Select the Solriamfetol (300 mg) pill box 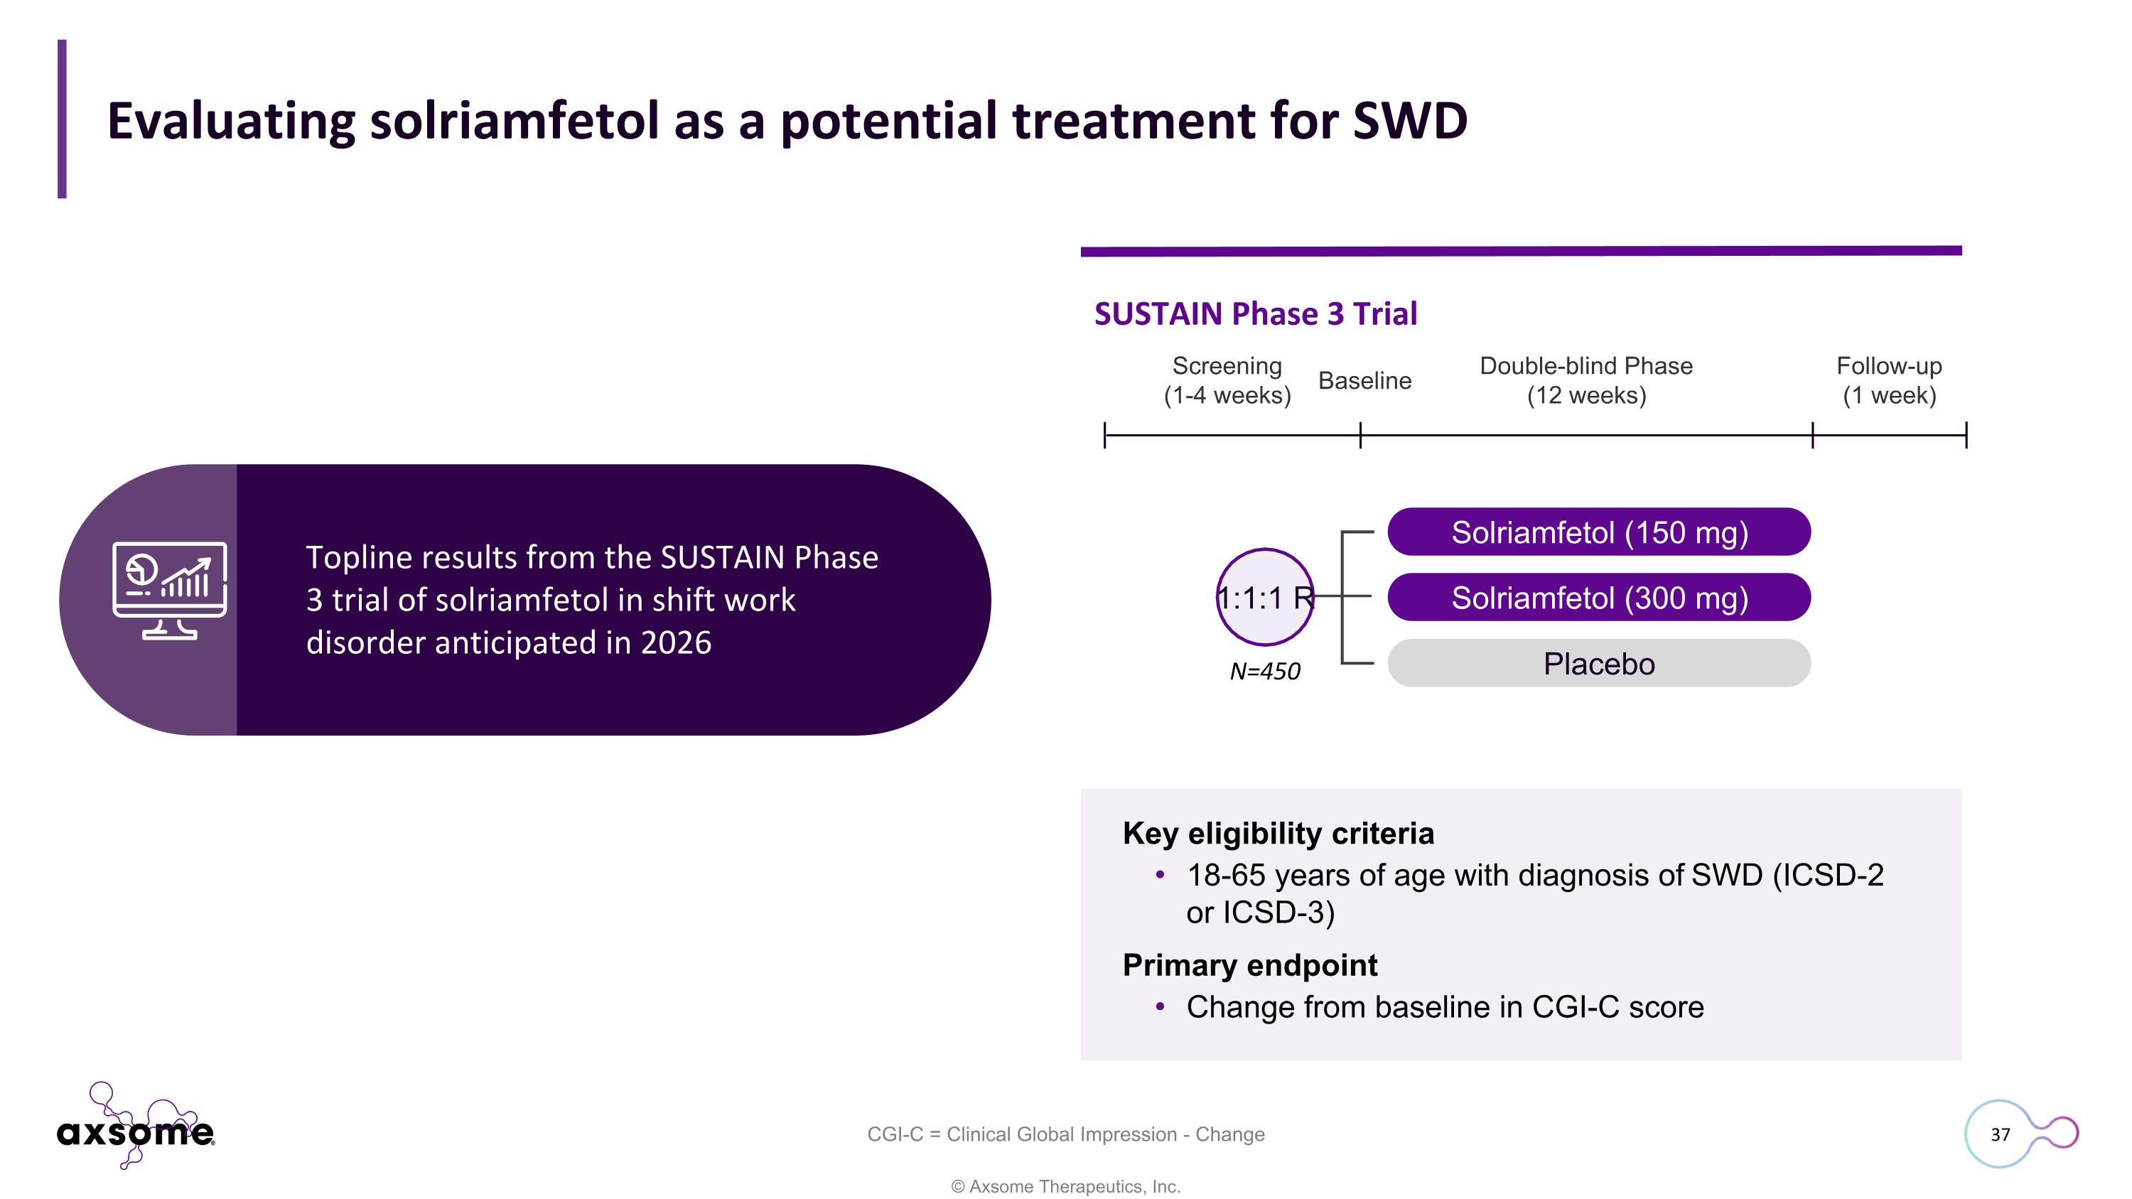(1598, 598)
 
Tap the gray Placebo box (1598, 664)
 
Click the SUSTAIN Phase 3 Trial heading (1255, 314)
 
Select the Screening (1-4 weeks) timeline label (1227, 381)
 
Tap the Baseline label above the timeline (1364, 381)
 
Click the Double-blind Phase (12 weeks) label (1585, 381)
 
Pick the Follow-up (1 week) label (1889, 381)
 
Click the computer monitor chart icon (170, 590)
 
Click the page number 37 (2000, 1134)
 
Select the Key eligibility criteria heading (1278, 833)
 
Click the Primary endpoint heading (1250, 965)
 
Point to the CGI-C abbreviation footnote (1065, 1134)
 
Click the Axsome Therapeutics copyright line (1065, 1187)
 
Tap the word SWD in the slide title (1409, 121)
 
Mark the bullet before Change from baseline (1161, 1007)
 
